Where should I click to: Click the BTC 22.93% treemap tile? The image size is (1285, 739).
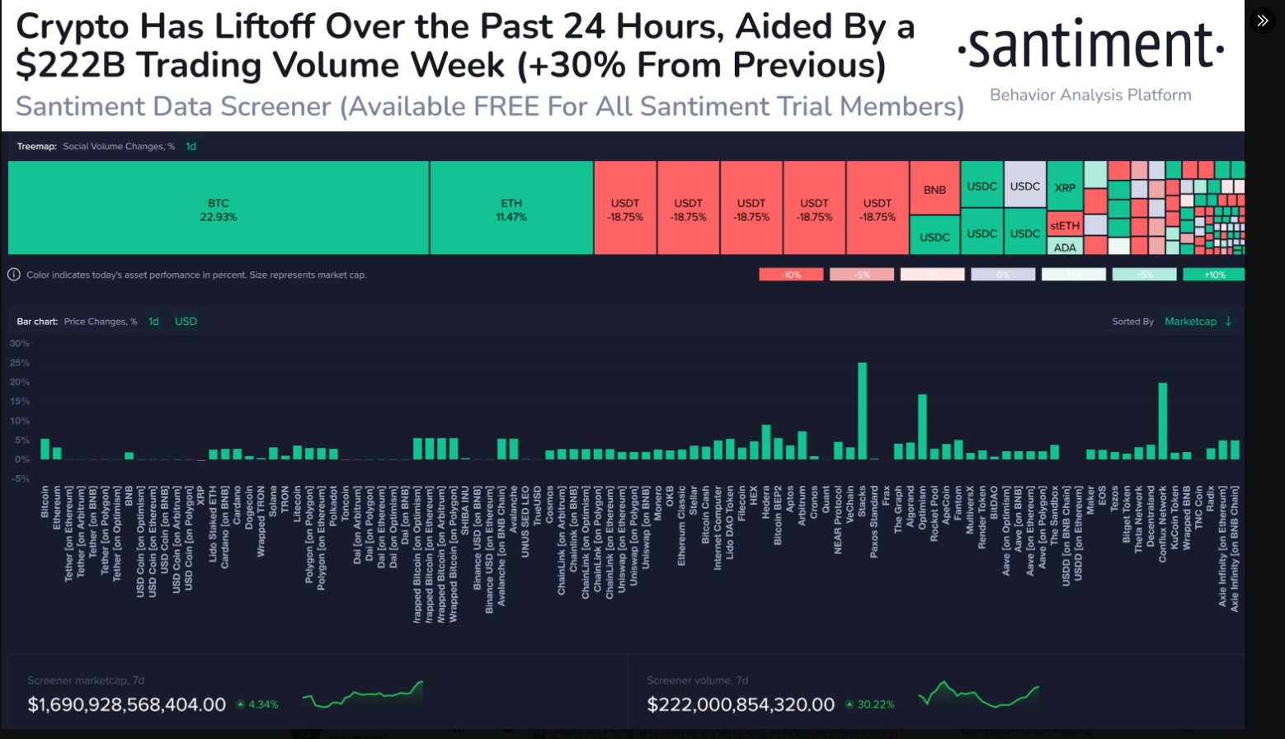click(x=219, y=208)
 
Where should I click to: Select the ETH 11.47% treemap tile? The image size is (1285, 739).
click(x=511, y=208)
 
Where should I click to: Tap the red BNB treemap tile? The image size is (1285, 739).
click(x=934, y=189)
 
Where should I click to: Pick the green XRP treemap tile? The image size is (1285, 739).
click(x=1065, y=187)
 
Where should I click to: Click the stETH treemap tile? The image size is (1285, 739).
click(x=1065, y=225)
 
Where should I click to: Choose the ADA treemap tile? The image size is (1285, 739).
click(x=1065, y=247)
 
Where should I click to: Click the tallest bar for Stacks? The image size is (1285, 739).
click(x=862, y=411)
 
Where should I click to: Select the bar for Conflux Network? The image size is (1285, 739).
click(x=1162, y=421)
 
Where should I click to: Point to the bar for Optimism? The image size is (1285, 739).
click(x=922, y=426)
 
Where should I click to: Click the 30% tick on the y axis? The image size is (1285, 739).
click(x=20, y=343)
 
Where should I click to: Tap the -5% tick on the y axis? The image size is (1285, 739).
click(x=20, y=478)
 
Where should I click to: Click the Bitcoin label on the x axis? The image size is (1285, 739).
click(x=45, y=501)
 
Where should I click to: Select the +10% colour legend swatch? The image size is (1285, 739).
click(x=1213, y=275)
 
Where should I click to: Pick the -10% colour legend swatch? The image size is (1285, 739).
click(x=791, y=275)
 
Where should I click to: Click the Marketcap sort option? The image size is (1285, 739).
click(x=1190, y=322)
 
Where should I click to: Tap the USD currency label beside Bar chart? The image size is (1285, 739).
click(x=186, y=322)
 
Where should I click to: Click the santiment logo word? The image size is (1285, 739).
click(x=1090, y=46)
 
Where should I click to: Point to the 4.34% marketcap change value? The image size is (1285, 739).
click(x=263, y=704)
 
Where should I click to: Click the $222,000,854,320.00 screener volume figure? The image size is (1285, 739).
click(x=741, y=704)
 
